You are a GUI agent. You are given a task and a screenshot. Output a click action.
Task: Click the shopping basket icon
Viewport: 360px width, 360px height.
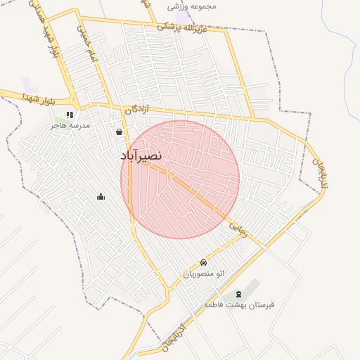coord(119,131)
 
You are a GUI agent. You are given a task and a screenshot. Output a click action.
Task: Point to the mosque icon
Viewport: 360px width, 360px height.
coord(101,197)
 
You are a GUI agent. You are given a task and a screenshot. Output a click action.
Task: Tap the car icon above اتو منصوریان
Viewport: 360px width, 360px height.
coord(204,263)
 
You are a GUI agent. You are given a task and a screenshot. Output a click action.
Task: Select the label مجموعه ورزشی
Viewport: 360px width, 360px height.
coord(192,6)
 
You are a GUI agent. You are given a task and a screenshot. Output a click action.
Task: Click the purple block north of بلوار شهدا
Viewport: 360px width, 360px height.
coord(26,84)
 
